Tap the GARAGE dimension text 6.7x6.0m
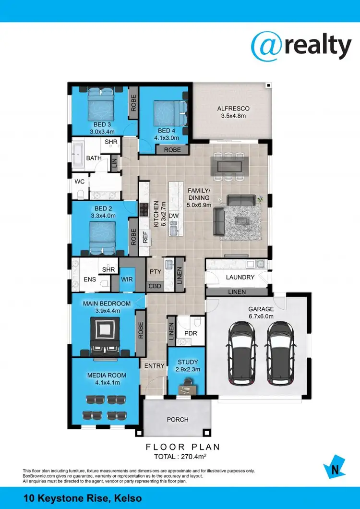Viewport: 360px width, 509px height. [261, 316]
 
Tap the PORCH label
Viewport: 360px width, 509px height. [178, 419]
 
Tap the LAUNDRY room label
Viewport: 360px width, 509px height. [240, 278]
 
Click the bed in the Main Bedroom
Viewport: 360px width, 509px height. [104, 335]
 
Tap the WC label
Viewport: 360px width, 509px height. [80, 182]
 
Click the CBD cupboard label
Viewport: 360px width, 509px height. [155, 287]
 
